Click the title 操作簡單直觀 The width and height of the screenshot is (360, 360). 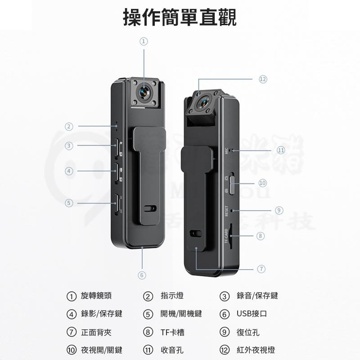click(180, 18)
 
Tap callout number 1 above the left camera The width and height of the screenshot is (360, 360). click(144, 41)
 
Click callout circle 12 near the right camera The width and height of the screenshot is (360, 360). click(263, 79)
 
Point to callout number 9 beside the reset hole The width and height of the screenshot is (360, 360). click(279, 210)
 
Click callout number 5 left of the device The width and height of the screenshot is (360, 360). click(69, 203)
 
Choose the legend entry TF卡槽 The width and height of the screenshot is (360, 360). click(172, 333)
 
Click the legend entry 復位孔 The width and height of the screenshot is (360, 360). click(247, 333)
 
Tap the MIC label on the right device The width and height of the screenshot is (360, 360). click(227, 152)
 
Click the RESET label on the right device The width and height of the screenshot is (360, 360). click(226, 211)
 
